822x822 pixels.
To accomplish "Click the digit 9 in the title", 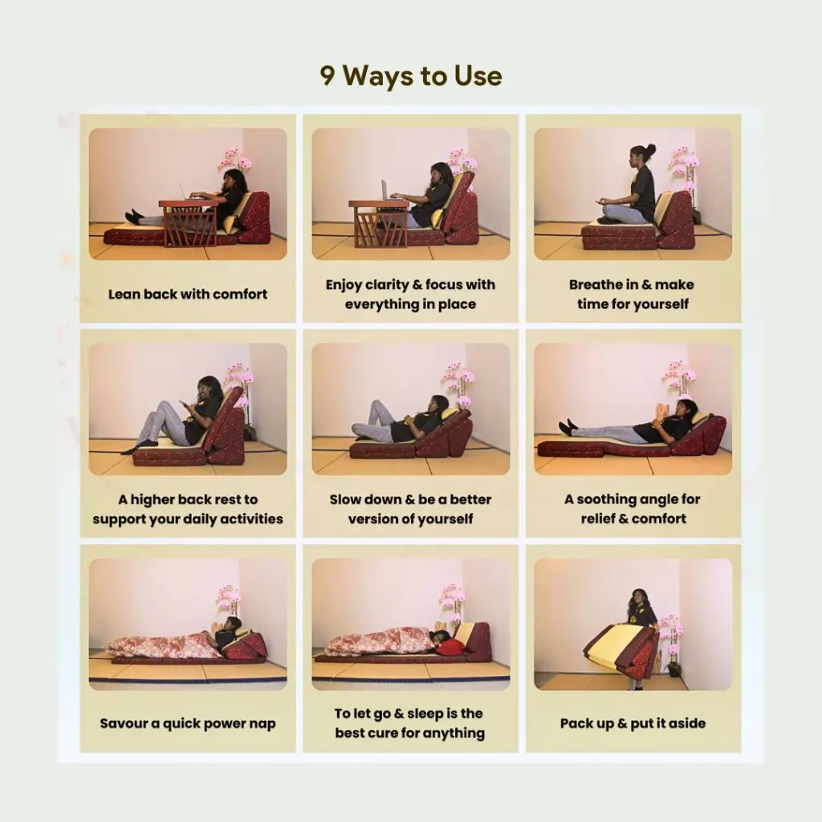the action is point(328,75).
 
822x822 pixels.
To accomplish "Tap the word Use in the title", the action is point(478,75).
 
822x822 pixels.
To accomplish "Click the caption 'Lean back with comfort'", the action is point(188,294).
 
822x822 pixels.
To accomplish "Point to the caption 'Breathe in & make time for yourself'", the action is point(633,294).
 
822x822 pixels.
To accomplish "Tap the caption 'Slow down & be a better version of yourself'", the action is point(410,509).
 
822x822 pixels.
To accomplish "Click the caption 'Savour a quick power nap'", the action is point(188,723).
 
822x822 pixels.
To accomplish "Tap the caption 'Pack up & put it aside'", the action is point(633,723).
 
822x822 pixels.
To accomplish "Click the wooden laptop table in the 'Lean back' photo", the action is point(189,223).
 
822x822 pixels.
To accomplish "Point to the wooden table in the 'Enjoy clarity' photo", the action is point(379,223).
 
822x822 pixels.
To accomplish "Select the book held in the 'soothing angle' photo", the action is point(662,412).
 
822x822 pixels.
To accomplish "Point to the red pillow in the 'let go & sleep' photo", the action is point(450,647).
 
